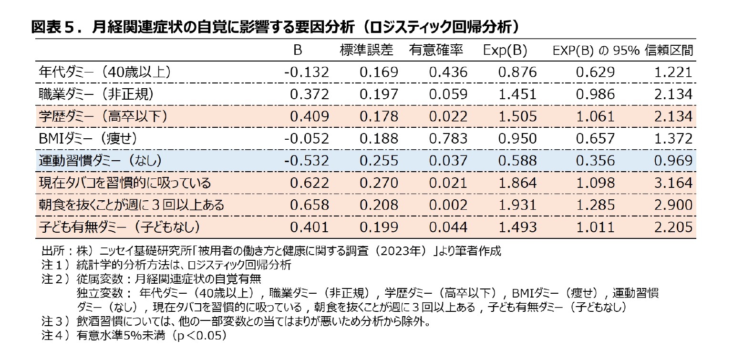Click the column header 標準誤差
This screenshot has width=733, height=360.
pyautogui.click(x=367, y=50)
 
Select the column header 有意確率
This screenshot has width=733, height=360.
pyautogui.click(x=436, y=50)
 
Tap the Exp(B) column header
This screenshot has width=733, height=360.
pyautogui.click(x=505, y=50)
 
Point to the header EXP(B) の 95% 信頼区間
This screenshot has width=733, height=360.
pyautogui.click(x=623, y=50)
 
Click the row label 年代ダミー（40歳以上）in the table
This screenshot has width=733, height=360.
pyautogui.click(x=105, y=72)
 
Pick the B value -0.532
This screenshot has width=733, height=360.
pyautogui.click(x=307, y=160)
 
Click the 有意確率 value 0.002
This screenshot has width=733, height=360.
pyautogui.click(x=448, y=205)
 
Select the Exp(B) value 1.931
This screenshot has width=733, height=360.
pyautogui.click(x=517, y=205)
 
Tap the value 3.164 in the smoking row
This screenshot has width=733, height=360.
pyautogui.click(x=673, y=183)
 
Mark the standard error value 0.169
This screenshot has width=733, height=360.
pyautogui.click(x=379, y=72)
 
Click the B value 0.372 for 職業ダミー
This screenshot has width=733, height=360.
pyautogui.click(x=310, y=94)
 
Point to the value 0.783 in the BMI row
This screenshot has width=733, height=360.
pyautogui.click(x=448, y=138)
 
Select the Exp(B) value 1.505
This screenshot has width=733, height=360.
pyautogui.click(x=517, y=116)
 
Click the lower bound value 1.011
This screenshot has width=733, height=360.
pyautogui.click(x=595, y=226)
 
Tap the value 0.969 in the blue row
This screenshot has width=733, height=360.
pyautogui.click(x=673, y=160)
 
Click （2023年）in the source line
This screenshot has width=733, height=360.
pyautogui.click(x=397, y=251)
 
